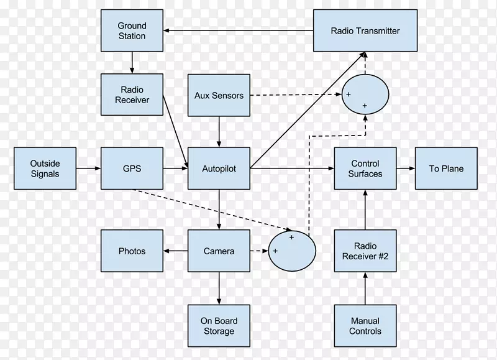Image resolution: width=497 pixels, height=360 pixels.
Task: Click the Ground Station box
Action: pos(132,31)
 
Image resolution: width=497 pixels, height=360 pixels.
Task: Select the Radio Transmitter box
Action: pos(365,30)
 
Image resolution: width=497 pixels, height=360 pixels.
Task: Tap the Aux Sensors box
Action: pos(219,96)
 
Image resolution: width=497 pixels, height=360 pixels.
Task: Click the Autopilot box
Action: pos(219,168)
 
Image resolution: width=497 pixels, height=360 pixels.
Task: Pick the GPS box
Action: pos(132,168)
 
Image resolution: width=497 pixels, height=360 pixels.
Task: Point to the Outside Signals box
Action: pos(45,168)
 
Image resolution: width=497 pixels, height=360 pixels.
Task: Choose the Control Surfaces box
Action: pos(365,168)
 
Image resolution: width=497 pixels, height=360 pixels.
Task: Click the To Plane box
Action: pos(446,168)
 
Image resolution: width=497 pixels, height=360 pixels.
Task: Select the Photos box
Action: pos(132,251)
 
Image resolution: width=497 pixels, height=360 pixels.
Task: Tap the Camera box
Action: pos(219,251)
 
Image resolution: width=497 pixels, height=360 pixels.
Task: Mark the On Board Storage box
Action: pos(219,326)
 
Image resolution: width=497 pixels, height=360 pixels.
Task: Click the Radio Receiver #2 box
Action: pos(365,251)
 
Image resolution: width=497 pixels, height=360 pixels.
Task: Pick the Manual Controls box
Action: pos(365,326)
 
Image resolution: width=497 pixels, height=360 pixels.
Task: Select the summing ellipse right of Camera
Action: pos(292,251)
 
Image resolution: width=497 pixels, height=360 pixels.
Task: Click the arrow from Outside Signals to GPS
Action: pos(88,168)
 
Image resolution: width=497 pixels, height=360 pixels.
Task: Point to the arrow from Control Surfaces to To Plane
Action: pos(405,168)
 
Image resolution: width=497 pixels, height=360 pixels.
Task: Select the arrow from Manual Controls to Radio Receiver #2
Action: pos(365,288)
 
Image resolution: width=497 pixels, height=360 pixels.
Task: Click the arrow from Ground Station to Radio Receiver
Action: pos(132,63)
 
